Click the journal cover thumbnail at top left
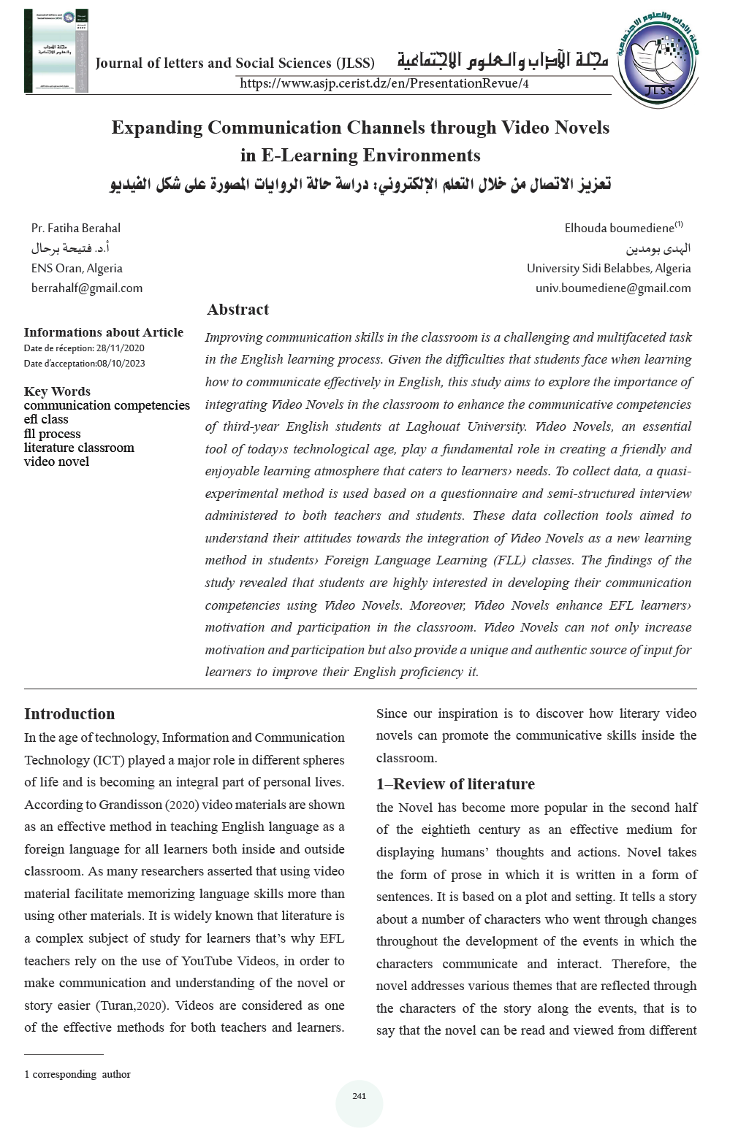pyautogui.click(x=56, y=51)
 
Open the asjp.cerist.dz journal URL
pyautogui.click(x=384, y=83)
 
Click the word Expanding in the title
pyautogui.click(x=156, y=128)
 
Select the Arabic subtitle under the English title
pyautogui.click(x=360, y=183)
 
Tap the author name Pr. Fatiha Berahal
pyautogui.click(x=76, y=228)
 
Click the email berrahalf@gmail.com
pyautogui.click(x=87, y=288)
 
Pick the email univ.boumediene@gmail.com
pyautogui.click(x=613, y=288)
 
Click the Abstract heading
pyautogui.click(x=237, y=310)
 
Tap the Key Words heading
pyautogui.click(x=57, y=391)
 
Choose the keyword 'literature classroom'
pyautogui.click(x=79, y=448)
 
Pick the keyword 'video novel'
pyautogui.click(x=56, y=461)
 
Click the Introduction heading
pyautogui.click(x=69, y=714)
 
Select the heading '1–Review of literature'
pyautogui.click(x=455, y=784)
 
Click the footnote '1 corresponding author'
pyautogui.click(x=77, y=1074)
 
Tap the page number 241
pyautogui.click(x=359, y=1096)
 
